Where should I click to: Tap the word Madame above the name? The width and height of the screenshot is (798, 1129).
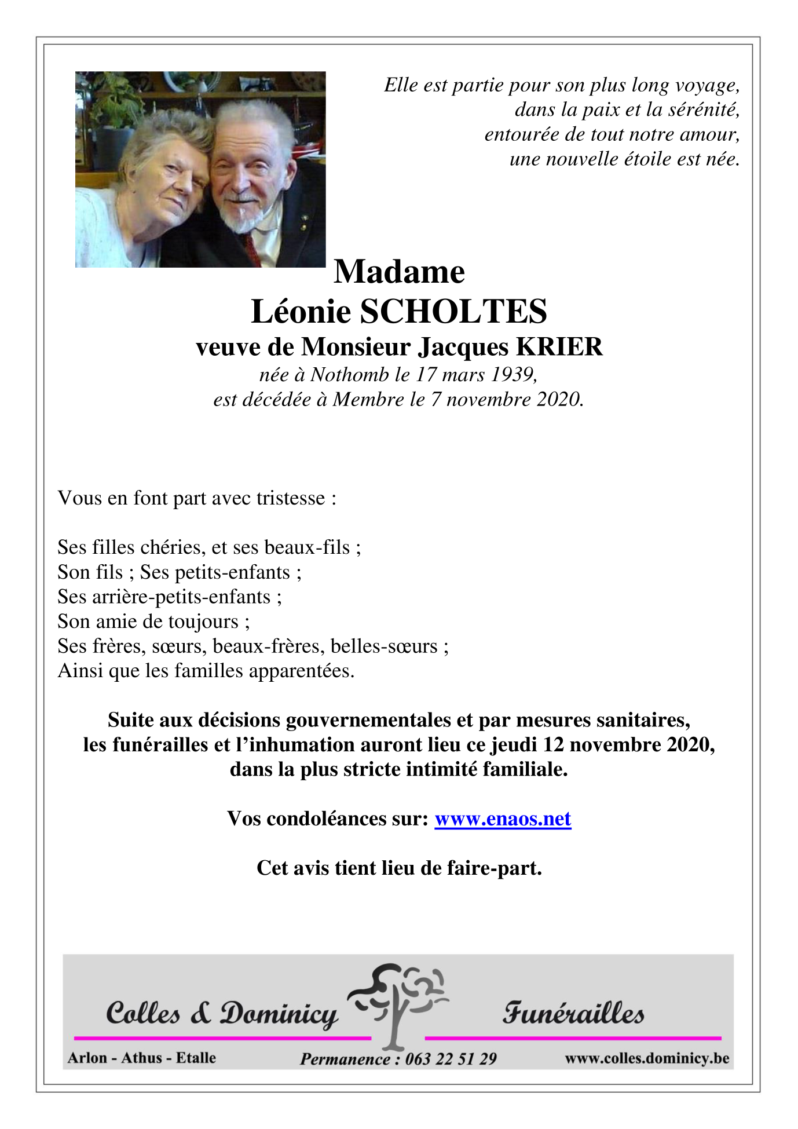coord(399,272)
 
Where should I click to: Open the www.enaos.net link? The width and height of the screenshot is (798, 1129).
coord(503,819)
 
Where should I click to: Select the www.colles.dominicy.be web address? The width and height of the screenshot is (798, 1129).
coord(647,1058)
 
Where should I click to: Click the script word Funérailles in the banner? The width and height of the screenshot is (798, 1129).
coord(573,1013)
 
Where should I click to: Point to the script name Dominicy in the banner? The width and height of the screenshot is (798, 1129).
coord(279,1014)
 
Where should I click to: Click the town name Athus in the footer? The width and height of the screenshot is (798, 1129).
coord(142,1058)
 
